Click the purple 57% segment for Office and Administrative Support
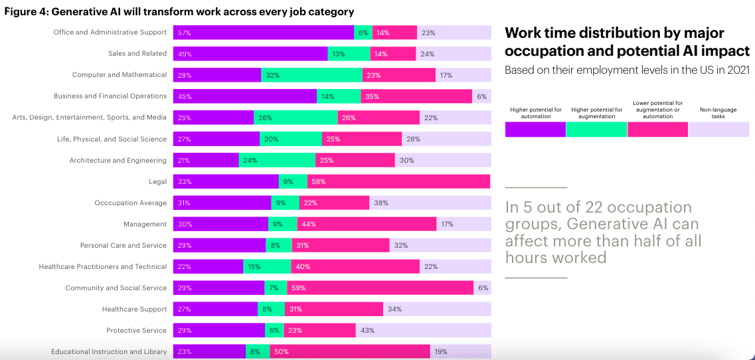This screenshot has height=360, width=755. pyautogui.click(x=264, y=33)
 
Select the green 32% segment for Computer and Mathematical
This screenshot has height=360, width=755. pyautogui.click(x=311, y=75)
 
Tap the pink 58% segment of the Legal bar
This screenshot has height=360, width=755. pyautogui.click(x=398, y=181)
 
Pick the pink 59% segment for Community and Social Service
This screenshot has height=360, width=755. pyautogui.click(x=380, y=288)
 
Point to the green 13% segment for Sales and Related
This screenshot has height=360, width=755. pyautogui.click(x=349, y=54)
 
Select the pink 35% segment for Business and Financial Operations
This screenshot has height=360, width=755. pyautogui.click(x=416, y=96)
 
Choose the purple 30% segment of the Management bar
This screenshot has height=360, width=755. pyautogui.click(x=220, y=224)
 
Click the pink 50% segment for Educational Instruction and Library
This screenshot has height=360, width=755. pyautogui.click(x=350, y=351)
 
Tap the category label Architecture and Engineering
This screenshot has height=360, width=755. pyautogui.click(x=118, y=160)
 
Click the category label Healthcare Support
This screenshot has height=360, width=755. pyautogui.click(x=134, y=309)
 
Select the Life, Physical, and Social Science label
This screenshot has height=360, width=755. pyautogui.click(x=112, y=139)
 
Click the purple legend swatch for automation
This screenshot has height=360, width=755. pyautogui.click(x=535, y=130)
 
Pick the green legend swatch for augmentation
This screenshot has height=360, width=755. pyautogui.click(x=596, y=130)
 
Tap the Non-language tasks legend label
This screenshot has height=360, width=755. pyautogui.click(x=718, y=113)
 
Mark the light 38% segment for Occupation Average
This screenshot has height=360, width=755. pyautogui.click(x=430, y=203)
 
